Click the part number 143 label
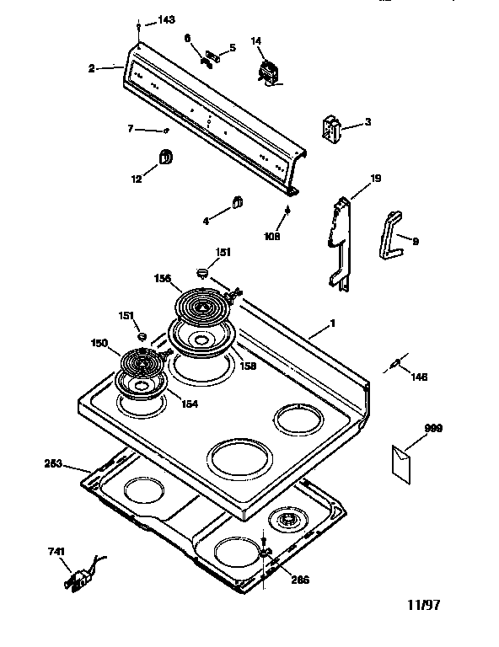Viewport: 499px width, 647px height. pos(166,19)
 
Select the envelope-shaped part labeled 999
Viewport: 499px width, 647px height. pos(401,464)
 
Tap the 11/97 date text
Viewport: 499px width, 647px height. pos(423,605)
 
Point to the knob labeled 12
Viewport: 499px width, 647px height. pos(165,157)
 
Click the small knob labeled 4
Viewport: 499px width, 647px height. pos(237,202)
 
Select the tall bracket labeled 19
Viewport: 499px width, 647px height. pos(341,243)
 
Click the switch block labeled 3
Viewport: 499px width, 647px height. pos(331,127)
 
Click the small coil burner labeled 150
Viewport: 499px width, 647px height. pos(142,363)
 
